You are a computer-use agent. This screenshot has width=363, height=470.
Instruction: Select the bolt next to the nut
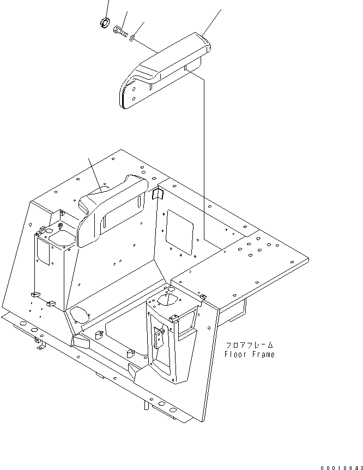[122, 33]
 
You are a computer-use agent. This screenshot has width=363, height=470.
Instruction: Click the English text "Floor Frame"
[249, 354]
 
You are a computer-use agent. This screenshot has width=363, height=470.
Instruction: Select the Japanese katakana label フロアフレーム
[249, 345]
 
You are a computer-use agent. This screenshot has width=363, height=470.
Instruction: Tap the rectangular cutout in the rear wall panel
[179, 231]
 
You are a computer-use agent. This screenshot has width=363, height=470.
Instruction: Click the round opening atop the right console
[170, 299]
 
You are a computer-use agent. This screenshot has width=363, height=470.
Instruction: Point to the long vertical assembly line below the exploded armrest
[204, 158]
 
